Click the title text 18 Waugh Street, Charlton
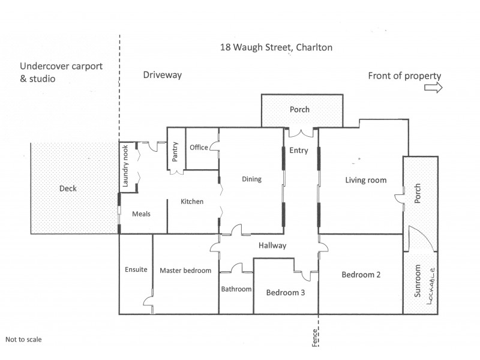pos(277,47)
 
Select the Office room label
pos(199,148)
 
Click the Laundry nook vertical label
pos(126,169)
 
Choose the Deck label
pos(68,188)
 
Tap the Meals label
pos(140,214)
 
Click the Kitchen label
pos(192,202)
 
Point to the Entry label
pos(298,151)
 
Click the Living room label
pos(365,180)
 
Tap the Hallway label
pos(272,245)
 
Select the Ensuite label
pos(136,270)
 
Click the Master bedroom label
pos(185,271)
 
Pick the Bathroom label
pos(236,289)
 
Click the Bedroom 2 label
pos(362,275)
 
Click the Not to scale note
pos(23,339)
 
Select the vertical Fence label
pos(315,340)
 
